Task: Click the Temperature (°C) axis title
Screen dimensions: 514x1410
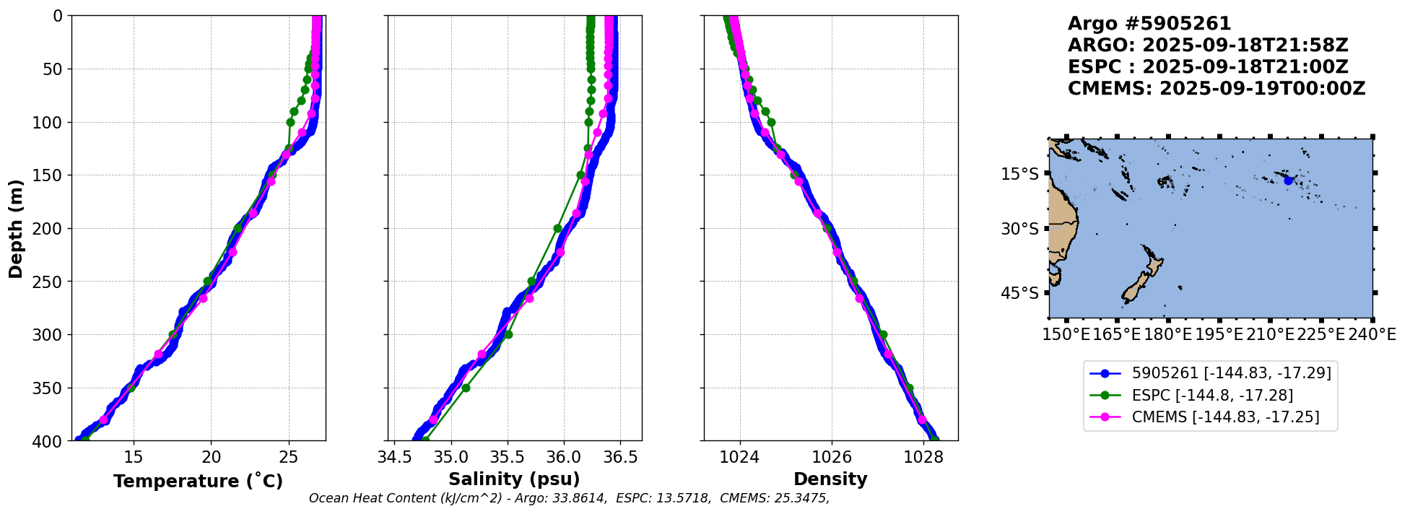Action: [x=198, y=482]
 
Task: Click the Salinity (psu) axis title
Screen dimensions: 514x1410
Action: [x=514, y=479]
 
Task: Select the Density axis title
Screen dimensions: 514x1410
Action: [x=830, y=479]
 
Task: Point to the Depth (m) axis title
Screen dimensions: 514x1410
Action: [x=16, y=228]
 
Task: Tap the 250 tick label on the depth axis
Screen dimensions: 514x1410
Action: [x=51, y=282]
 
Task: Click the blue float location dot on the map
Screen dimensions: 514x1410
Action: [x=1288, y=180]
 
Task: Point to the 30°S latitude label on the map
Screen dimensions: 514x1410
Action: [x=1019, y=229]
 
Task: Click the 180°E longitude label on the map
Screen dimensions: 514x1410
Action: [x=1167, y=334]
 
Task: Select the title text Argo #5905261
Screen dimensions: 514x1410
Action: [x=1149, y=24]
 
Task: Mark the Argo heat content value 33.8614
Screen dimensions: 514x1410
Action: [x=578, y=499]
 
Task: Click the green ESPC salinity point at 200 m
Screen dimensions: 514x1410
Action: [x=557, y=228]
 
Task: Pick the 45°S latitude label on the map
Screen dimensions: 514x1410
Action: [x=1019, y=293]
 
